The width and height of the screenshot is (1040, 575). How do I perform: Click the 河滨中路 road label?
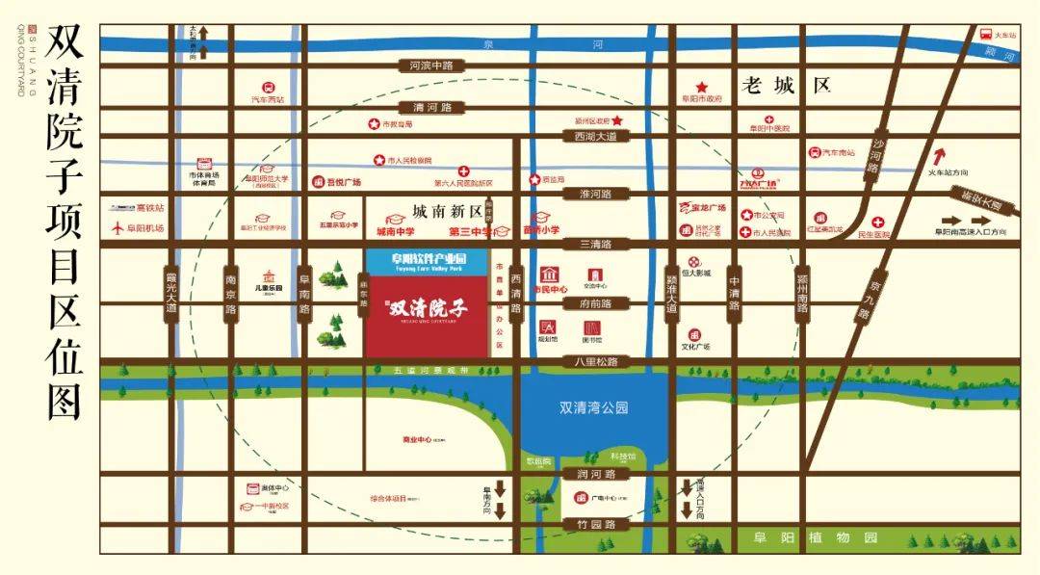pos(430,65)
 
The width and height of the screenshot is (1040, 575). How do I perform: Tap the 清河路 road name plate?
pos(431,107)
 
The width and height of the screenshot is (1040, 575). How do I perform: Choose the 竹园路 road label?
pos(596,525)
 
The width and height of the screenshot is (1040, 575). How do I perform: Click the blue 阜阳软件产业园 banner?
pos(428,261)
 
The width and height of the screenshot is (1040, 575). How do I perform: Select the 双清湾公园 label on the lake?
pos(593,407)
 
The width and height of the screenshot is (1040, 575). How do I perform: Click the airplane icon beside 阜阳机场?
pos(119,228)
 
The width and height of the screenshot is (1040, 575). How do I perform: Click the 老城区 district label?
pos(786,85)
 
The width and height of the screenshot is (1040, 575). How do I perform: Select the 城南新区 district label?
pos(446,210)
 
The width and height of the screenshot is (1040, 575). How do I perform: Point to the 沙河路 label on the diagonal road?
pos(876,156)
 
